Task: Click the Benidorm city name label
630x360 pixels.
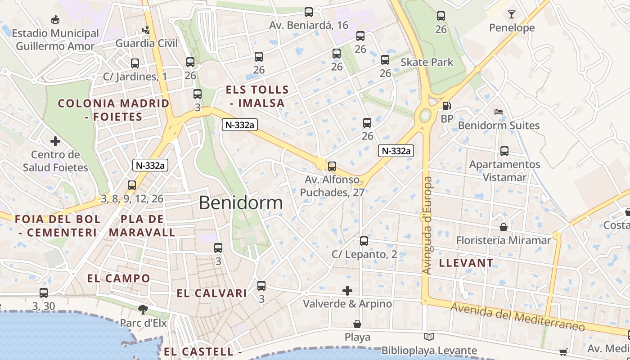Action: (x=241, y=203)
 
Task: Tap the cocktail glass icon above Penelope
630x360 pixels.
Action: (x=512, y=14)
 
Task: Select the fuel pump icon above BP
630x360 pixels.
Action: (x=446, y=106)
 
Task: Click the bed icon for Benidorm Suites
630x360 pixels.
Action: (x=498, y=112)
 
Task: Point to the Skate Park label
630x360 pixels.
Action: (x=427, y=62)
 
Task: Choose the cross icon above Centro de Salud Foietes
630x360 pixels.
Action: (x=55, y=141)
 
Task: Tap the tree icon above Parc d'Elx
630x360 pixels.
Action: (x=143, y=309)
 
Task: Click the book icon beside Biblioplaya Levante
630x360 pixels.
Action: (x=429, y=337)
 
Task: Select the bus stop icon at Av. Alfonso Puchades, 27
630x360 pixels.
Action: (x=332, y=166)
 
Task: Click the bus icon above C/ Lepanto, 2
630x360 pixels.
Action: (x=364, y=241)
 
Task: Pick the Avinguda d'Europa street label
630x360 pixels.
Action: (x=427, y=225)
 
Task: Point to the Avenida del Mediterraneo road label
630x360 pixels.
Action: (x=517, y=317)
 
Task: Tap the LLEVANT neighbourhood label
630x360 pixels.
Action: (x=466, y=263)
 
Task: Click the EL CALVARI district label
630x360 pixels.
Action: (x=211, y=293)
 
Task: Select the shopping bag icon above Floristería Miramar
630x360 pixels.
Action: (x=504, y=227)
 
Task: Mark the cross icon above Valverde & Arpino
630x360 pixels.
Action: (x=347, y=291)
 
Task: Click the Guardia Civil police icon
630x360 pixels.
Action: (x=146, y=30)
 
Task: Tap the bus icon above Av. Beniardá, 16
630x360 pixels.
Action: (x=308, y=12)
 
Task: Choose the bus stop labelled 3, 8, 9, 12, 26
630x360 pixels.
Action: (x=132, y=185)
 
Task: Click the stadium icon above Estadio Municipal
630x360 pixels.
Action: (x=55, y=19)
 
